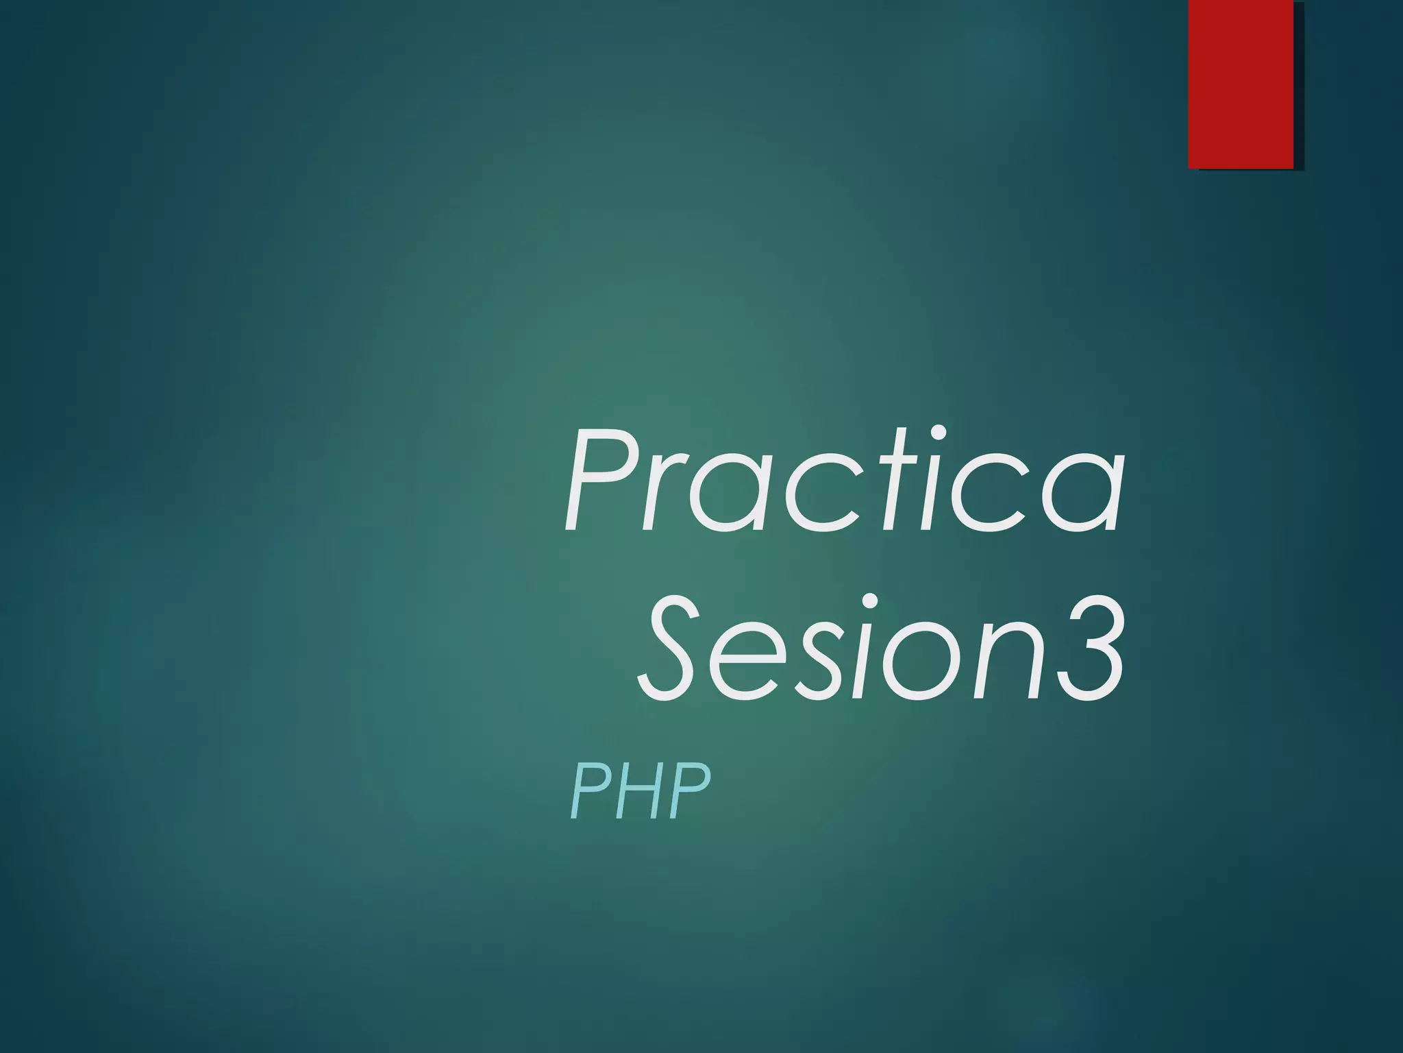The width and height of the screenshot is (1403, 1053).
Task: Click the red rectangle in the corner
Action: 1241,84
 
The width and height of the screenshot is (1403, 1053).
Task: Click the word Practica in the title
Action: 844,481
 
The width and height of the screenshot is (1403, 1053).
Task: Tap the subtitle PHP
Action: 640,792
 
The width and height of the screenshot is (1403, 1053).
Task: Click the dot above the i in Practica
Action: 939,433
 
